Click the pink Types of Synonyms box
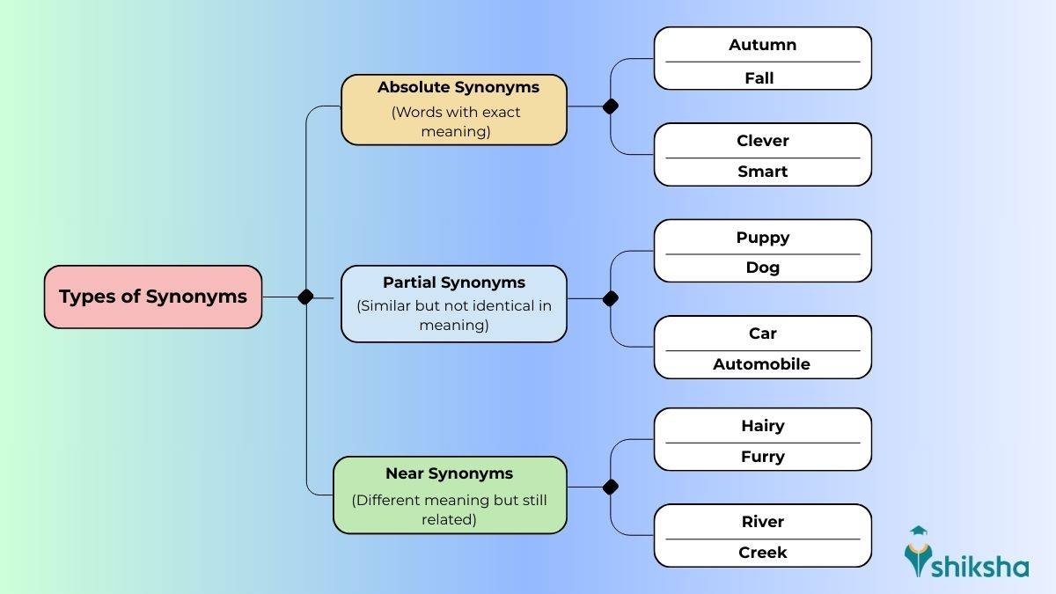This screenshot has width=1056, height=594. click(x=153, y=297)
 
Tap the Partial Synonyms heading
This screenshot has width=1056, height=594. click(x=453, y=282)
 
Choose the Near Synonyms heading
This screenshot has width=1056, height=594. click(x=449, y=473)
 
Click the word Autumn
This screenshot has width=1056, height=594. click(x=762, y=45)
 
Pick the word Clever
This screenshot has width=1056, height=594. click(x=762, y=141)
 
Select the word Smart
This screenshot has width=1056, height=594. click(x=762, y=172)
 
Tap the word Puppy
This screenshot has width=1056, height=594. click(x=762, y=238)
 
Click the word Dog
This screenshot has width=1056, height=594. click(x=762, y=268)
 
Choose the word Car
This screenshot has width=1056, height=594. click(x=762, y=334)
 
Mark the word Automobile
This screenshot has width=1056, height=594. click(x=761, y=364)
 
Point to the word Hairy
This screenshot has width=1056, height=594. click(x=762, y=426)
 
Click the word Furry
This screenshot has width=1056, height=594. click(x=762, y=457)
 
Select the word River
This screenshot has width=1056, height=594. click(x=762, y=522)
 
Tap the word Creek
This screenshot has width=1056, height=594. click(x=762, y=553)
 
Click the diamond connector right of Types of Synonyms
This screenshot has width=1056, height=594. click(x=305, y=297)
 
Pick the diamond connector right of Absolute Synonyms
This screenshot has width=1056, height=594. click(x=610, y=106)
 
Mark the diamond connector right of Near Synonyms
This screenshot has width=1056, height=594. click(x=610, y=487)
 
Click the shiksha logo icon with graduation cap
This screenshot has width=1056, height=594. click(x=919, y=552)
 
